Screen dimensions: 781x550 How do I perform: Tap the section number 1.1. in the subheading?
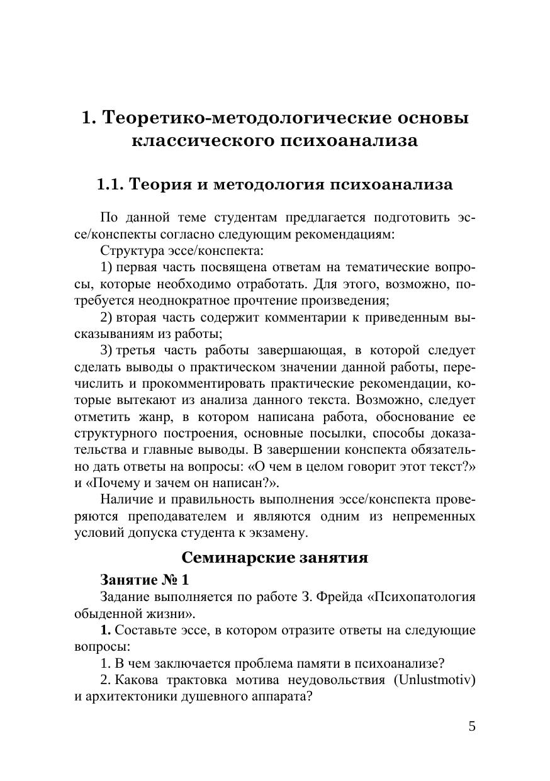coord(110,184)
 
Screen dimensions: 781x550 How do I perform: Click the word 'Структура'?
coord(130,250)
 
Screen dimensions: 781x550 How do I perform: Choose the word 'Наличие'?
coord(125,500)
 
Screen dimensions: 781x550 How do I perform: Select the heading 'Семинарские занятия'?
coord(274,557)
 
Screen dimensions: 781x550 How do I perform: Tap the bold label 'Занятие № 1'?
coord(144,579)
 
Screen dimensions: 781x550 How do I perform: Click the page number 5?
coord(472,726)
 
